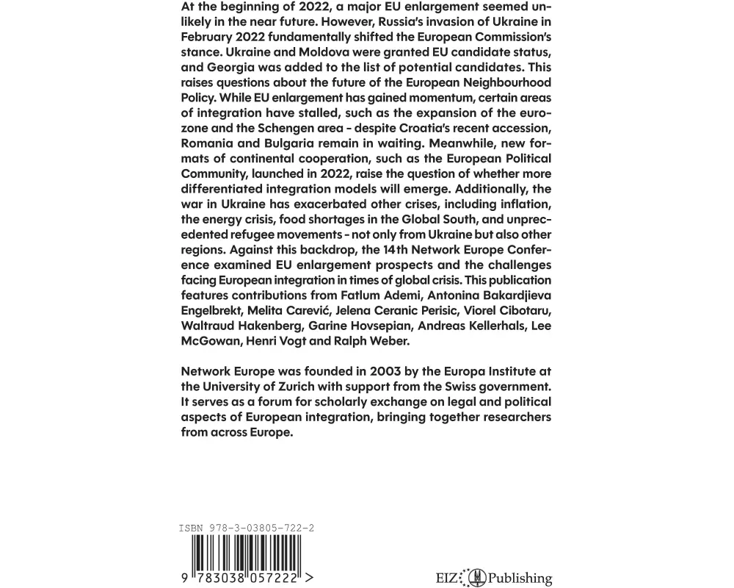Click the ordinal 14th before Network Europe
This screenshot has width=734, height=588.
pyautogui.click(x=400, y=251)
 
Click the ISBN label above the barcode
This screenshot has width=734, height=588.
pyautogui.click(x=192, y=528)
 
